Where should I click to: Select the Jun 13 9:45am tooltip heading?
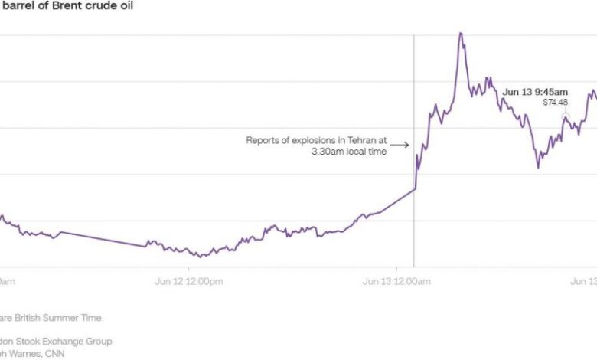(535, 93)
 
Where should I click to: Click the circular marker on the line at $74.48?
(566, 116)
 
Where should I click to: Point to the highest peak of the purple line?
(461, 33)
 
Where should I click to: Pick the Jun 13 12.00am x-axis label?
(396, 282)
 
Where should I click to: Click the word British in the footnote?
(36, 317)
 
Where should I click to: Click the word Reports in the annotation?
(262, 140)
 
